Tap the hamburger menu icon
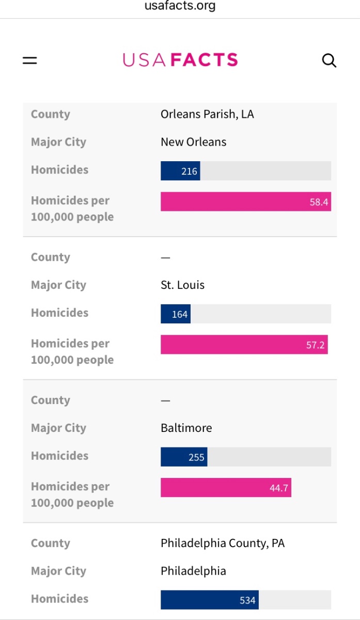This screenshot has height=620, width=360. point(30,60)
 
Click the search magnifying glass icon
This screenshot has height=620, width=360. point(329,60)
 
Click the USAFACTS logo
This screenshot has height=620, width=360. point(180,60)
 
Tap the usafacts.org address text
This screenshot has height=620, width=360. point(180,6)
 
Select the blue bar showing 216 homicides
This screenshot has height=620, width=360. point(180,171)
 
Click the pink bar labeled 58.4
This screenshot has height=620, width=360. point(245,202)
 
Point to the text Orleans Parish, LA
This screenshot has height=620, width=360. point(207,114)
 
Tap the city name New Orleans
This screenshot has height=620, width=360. point(194,142)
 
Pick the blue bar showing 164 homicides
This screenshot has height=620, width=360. point(176,314)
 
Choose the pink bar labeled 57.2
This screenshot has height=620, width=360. point(244,345)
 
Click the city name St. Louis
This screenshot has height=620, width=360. point(183,285)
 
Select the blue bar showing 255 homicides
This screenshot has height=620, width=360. point(184,457)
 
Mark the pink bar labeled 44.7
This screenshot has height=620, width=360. point(226,488)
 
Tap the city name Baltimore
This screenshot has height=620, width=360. point(186,428)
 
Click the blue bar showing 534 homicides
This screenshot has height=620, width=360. point(209,600)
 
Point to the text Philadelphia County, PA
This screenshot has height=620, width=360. point(223,543)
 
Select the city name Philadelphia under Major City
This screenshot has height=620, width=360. point(193,571)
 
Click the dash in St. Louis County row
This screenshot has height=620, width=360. point(165,257)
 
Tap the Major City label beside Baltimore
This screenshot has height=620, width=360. point(58,428)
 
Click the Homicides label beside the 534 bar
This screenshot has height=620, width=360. point(59,599)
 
